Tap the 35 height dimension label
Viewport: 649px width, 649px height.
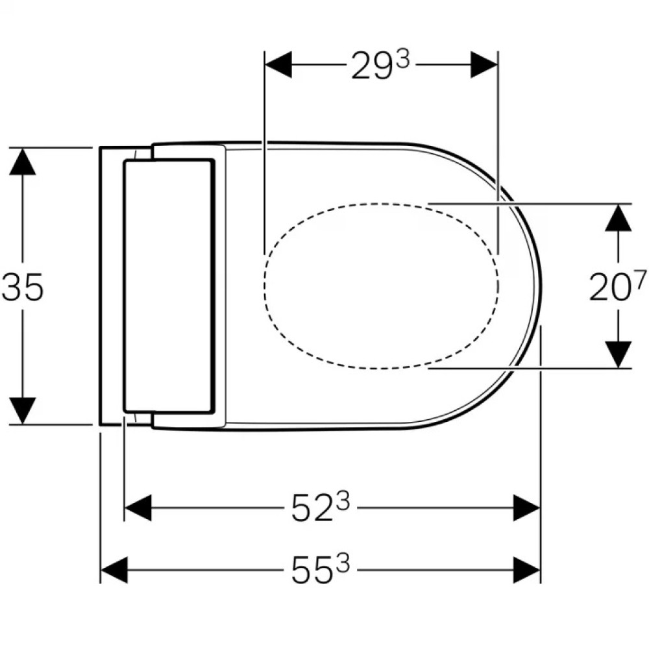pos(23,288)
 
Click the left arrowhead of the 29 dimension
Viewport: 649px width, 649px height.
pos(278,65)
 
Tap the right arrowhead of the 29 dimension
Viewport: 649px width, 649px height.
pos(484,65)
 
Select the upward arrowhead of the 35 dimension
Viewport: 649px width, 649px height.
pos(22,161)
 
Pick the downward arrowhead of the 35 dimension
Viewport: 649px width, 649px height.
pos(22,411)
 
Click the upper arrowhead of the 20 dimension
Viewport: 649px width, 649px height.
pos(618,217)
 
